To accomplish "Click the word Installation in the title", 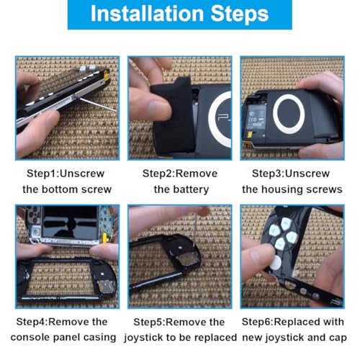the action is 147,14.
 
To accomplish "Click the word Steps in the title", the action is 239,14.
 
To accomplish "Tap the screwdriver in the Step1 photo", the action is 96,104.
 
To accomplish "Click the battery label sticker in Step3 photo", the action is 256,117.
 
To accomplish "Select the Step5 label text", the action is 148,322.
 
